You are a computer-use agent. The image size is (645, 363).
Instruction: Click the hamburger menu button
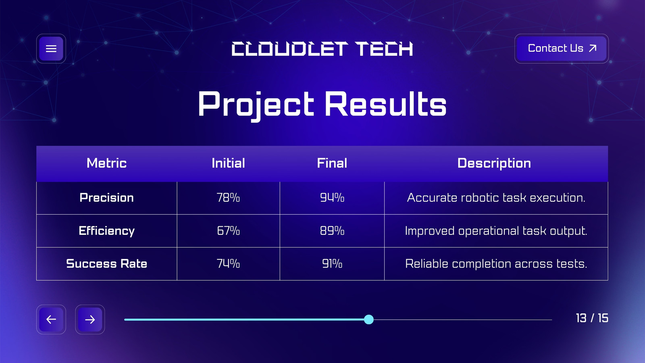coord(51,48)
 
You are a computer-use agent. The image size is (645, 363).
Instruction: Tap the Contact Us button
coord(562,48)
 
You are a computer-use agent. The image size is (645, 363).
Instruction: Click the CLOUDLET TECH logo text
coord(322,49)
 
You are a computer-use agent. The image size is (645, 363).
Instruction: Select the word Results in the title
coord(385,104)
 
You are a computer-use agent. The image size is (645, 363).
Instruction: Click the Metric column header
coord(106,163)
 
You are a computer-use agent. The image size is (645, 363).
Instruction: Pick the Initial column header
coord(228,163)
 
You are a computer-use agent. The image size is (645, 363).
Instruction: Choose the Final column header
coord(332,163)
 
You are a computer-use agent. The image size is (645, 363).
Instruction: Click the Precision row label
coord(106,198)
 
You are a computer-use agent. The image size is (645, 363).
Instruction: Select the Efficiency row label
coord(106,231)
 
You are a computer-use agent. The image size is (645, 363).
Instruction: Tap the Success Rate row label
coord(106,264)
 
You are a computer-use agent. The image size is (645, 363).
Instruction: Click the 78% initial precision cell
coord(228,198)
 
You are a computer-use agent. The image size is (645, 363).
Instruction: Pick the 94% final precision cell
coord(332,198)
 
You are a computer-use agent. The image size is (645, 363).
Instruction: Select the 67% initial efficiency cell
coord(228,231)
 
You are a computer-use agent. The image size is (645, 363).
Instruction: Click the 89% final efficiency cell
coord(332,231)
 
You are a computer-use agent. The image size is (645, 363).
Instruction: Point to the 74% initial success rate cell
coord(228,264)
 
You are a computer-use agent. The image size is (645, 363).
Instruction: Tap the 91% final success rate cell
coord(332,264)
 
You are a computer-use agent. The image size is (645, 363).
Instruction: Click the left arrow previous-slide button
coord(51,319)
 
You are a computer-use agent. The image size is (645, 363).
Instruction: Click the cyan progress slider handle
coord(368,319)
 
